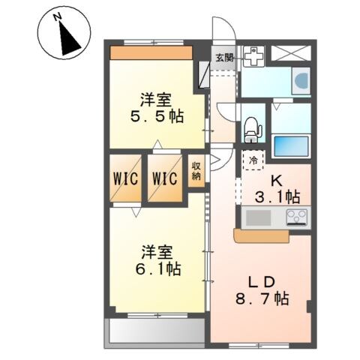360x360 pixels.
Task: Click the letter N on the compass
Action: click(x=58, y=17)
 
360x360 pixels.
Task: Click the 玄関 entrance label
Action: click(x=225, y=58)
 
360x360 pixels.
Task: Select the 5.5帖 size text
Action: click(x=157, y=116)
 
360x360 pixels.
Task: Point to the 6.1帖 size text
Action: click(x=158, y=268)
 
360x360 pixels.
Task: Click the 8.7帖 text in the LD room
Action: click(x=262, y=298)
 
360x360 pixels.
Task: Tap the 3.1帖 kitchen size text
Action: click(x=277, y=196)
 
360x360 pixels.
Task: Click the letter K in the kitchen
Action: click(x=277, y=181)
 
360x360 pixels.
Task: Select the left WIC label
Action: click(x=125, y=178)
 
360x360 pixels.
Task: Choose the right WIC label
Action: click(x=165, y=178)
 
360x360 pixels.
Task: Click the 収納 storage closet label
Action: click(x=196, y=172)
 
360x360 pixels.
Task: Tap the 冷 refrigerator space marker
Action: click(x=253, y=160)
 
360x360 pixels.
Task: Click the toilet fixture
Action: click(x=253, y=130)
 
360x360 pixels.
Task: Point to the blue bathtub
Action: click(x=291, y=146)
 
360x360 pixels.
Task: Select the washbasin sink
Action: click(x=301, y=80)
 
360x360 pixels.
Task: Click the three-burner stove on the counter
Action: click(x=297, y=217)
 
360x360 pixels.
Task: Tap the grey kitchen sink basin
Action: click(x=259, y=217)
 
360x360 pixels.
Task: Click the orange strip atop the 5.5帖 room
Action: click(x=151, y=52)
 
